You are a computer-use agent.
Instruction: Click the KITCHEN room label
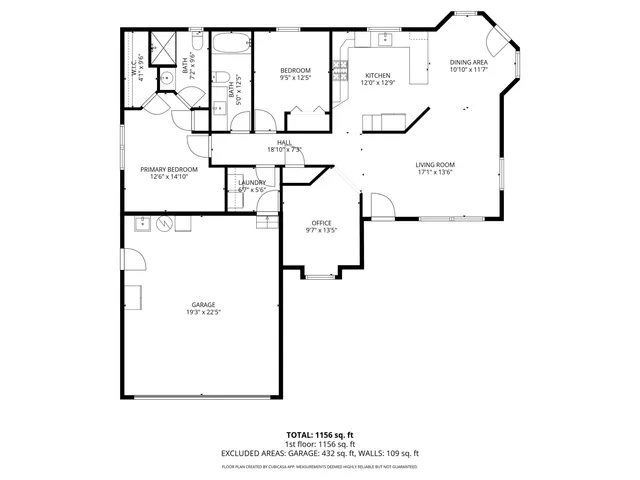click(x=377, y=76)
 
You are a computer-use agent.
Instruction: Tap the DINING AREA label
click(x=468, y=63)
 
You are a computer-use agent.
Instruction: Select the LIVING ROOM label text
click(x=435, y=165)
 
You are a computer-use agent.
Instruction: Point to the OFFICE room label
click(x=321, y=222)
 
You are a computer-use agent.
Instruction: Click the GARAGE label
click(x=204, y=304)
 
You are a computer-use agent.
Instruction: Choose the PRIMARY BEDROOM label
click(x=168, y=170)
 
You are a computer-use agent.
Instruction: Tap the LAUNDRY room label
click(x=252, y=182)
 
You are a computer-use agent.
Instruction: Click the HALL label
click(x=284, y=143)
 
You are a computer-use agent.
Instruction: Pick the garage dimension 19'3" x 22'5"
click(x=204, y=313)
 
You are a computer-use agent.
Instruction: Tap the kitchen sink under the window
click(x=383, y=41)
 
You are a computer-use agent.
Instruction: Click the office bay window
click(x=320, y=273)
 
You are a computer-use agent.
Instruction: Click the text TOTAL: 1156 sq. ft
click(x=320, y=435)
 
